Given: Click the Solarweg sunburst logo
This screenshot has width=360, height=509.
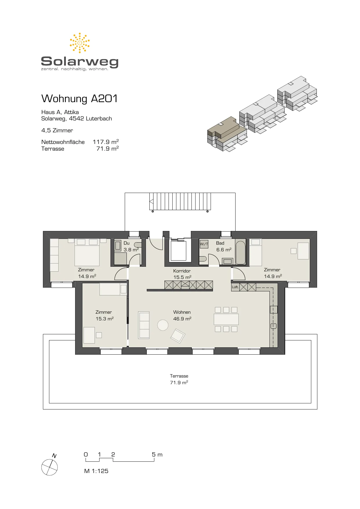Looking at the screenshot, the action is [x=79, y=43].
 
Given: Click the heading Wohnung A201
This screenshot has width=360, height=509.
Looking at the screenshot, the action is [x=79, y=99].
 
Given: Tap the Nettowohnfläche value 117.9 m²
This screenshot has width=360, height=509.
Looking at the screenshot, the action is [x=106, y=142].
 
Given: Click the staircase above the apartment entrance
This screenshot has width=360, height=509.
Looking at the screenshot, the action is [x=180, y=201].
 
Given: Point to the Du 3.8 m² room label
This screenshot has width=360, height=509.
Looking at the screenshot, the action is [x=131, y=246].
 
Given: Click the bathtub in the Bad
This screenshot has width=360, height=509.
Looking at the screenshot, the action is [x=240, y=252].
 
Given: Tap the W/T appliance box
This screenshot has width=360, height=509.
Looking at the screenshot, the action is [x=204, y=244].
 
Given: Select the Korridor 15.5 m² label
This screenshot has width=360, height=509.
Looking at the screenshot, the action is [x=182, y=274].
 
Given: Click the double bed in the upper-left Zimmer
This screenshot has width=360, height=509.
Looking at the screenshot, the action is [x=87, y=252].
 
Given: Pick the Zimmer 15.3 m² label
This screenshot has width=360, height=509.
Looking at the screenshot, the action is [x=104, y=315].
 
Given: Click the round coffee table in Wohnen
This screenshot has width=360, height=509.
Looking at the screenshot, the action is [x=163, y=325].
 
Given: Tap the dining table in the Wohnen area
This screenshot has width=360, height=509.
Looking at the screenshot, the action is [x=226, y=319].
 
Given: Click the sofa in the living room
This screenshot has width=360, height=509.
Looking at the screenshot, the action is [x=144, y=325].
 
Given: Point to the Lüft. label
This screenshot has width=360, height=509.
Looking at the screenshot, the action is [x=235, y=287].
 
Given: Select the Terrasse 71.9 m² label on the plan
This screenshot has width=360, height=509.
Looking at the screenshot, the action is [x=179, y=379].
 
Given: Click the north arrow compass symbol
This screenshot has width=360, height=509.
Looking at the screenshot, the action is [x=50, y=466].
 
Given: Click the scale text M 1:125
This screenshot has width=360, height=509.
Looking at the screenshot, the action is [x=96, y=471].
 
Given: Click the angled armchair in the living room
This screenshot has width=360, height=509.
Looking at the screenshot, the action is [x=178, y=336].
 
